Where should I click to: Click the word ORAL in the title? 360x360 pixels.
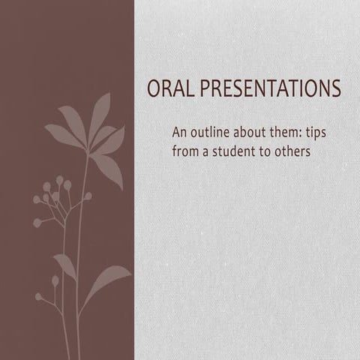169,89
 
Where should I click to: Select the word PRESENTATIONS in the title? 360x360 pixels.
268,89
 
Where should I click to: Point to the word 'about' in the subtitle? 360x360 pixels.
256,133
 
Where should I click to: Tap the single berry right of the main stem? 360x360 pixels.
88,196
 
